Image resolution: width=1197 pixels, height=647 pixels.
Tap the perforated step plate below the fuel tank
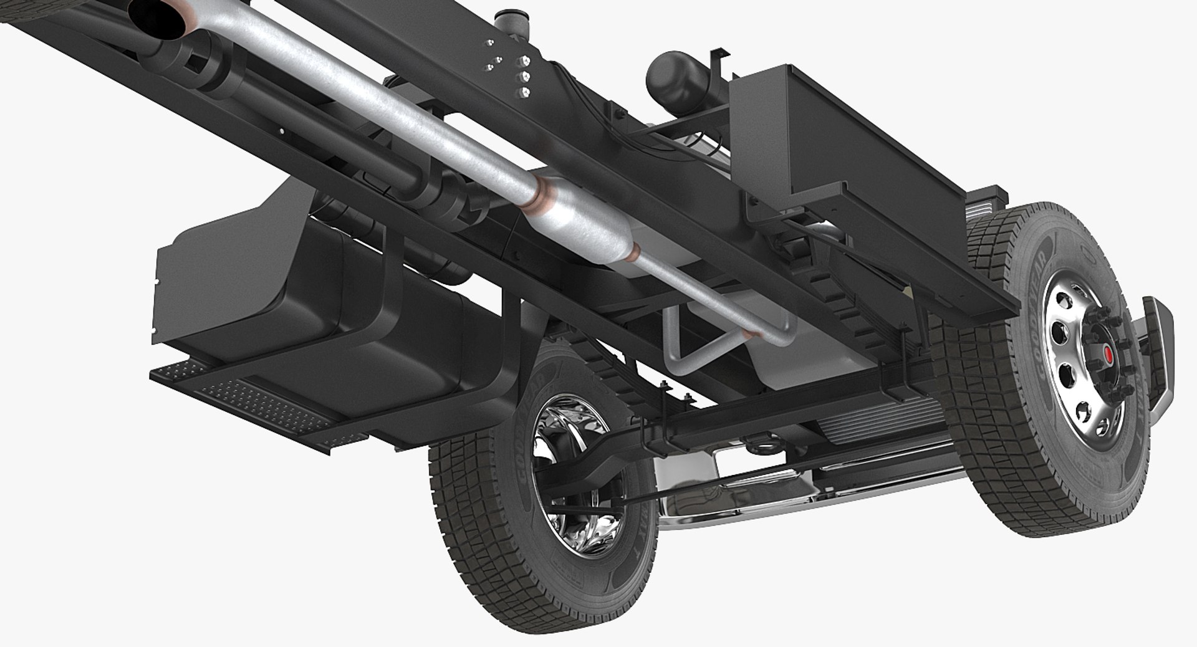(249, 399)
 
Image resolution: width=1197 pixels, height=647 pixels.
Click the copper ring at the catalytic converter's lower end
(634, 252)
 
